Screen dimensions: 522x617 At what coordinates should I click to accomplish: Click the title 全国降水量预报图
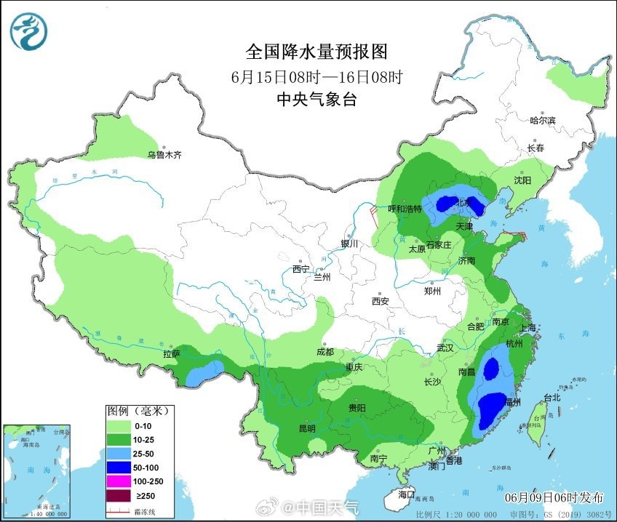pos(316,52)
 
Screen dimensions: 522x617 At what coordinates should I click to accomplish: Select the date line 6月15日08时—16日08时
pos(316,76)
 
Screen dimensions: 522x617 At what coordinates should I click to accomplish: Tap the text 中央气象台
pos(316,100)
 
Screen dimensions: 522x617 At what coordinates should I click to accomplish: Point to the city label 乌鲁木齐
pos(164,155)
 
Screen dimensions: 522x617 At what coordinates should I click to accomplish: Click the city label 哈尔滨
pos(542,120)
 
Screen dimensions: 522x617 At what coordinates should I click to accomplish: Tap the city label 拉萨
pos(172,354)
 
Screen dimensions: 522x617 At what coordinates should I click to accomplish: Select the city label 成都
pos(325,352)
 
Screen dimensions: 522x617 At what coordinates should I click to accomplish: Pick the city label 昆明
pos(306,428)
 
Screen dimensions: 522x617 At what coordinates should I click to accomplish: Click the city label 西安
pos(381,300)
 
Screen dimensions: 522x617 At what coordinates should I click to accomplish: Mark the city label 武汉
pos(445,348)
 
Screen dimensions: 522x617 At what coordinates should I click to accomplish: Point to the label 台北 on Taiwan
pos(552,398)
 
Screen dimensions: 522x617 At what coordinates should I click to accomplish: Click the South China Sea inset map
pos(38,470)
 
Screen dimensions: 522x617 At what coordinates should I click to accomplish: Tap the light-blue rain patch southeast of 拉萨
pos(203,372)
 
